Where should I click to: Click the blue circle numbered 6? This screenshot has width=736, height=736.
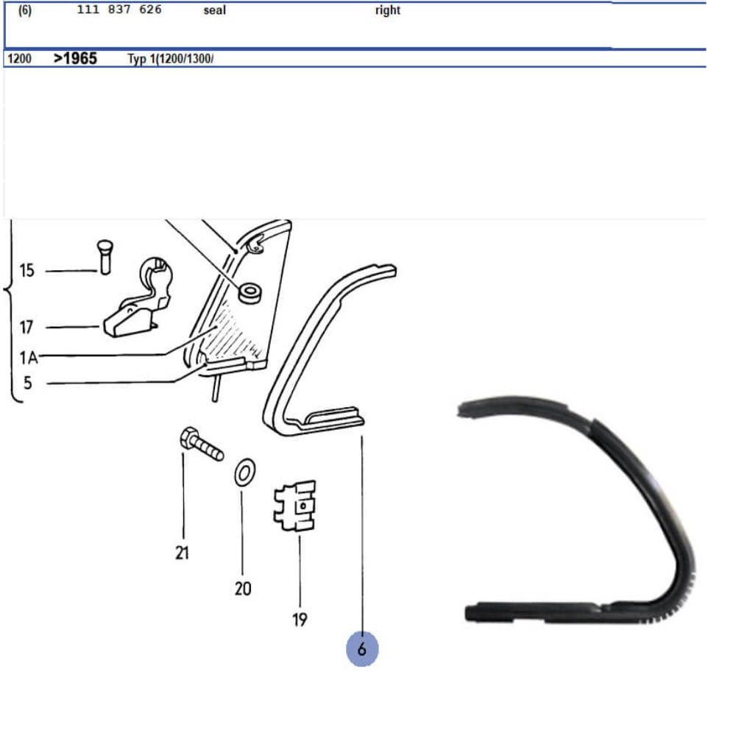pos(362,648)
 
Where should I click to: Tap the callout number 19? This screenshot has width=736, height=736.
pos(300,620)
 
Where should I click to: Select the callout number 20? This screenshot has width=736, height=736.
pos(243,589)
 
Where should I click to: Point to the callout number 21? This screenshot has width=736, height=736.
pos(182,553)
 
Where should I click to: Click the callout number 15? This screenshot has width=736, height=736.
pos(26,270)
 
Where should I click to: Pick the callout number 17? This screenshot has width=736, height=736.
pos(26,328)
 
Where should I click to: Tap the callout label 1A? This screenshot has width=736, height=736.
pos(28,358)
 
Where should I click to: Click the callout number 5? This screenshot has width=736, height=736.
pos(28,383)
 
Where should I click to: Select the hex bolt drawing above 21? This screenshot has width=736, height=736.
pos(202,444)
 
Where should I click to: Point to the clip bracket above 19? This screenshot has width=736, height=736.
pos(295,506)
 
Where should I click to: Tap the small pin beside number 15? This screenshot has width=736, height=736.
pos(105,257)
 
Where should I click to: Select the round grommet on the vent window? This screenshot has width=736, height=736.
pos(250,293)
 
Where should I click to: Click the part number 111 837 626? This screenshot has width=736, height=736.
pos(119,10)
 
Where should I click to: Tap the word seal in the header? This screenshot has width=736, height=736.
pos(214,10)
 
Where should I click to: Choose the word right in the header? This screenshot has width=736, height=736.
pos(388,10)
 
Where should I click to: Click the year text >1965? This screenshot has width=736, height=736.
pos(75,58)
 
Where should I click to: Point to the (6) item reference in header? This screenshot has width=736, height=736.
pos(25,10)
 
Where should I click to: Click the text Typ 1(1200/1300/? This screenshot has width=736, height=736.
pos(171,59)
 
